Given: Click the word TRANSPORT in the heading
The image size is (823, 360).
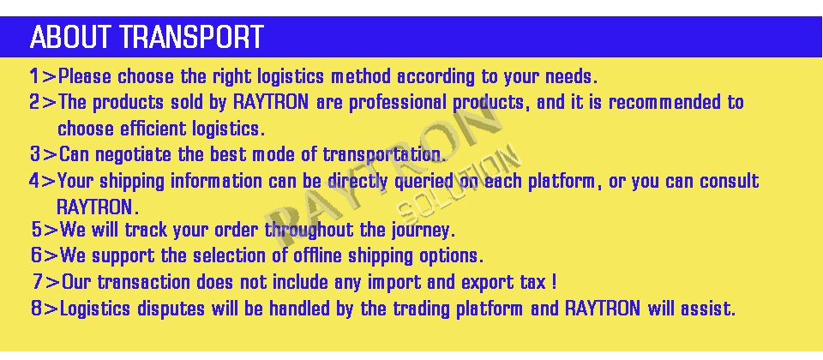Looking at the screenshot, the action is (191, 37).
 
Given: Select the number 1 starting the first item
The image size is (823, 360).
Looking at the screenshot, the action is (34, 76).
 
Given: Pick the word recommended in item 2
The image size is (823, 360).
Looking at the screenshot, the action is (664, 102).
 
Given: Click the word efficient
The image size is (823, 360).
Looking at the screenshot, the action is (153, 129).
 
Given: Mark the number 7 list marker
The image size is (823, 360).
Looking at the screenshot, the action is (37, 282).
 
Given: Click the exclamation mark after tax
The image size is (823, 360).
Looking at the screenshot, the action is (555, 282).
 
